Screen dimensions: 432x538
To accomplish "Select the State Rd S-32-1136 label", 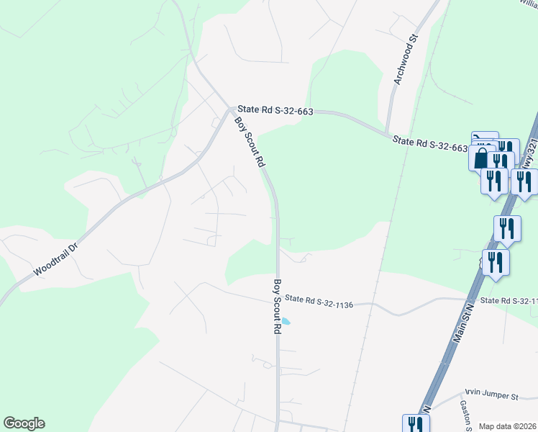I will [319, 302].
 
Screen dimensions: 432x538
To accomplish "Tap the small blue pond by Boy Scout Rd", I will [286, 321].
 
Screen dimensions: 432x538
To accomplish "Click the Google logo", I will [24, 423].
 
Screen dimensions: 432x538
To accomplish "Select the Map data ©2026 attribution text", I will [508, 426].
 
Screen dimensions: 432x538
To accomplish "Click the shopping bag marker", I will [480, 158].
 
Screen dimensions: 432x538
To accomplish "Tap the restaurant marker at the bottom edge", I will [415, 424].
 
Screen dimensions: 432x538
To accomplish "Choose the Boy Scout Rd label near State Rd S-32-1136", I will [275, 306].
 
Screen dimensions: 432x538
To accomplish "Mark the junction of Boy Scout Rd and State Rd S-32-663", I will [232, 110].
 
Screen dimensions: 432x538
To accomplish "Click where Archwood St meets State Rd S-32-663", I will [388, 131].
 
